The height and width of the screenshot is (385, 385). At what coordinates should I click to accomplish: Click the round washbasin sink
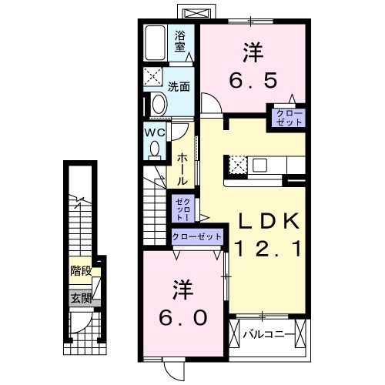(158, 103)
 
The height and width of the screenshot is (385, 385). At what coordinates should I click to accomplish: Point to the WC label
(155, 132)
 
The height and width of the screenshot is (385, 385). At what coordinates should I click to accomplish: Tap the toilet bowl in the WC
(155, 149)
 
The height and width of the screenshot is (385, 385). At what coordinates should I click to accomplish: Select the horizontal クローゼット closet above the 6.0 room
(197, 237)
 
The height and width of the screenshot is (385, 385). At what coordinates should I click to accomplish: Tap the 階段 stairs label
(81, 270)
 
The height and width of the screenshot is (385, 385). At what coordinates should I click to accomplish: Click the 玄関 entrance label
(81, 298)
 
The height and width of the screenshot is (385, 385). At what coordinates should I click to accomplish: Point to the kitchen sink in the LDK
(258, 164)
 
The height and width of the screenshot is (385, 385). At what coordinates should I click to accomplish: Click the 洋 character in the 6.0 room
(183, 290)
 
